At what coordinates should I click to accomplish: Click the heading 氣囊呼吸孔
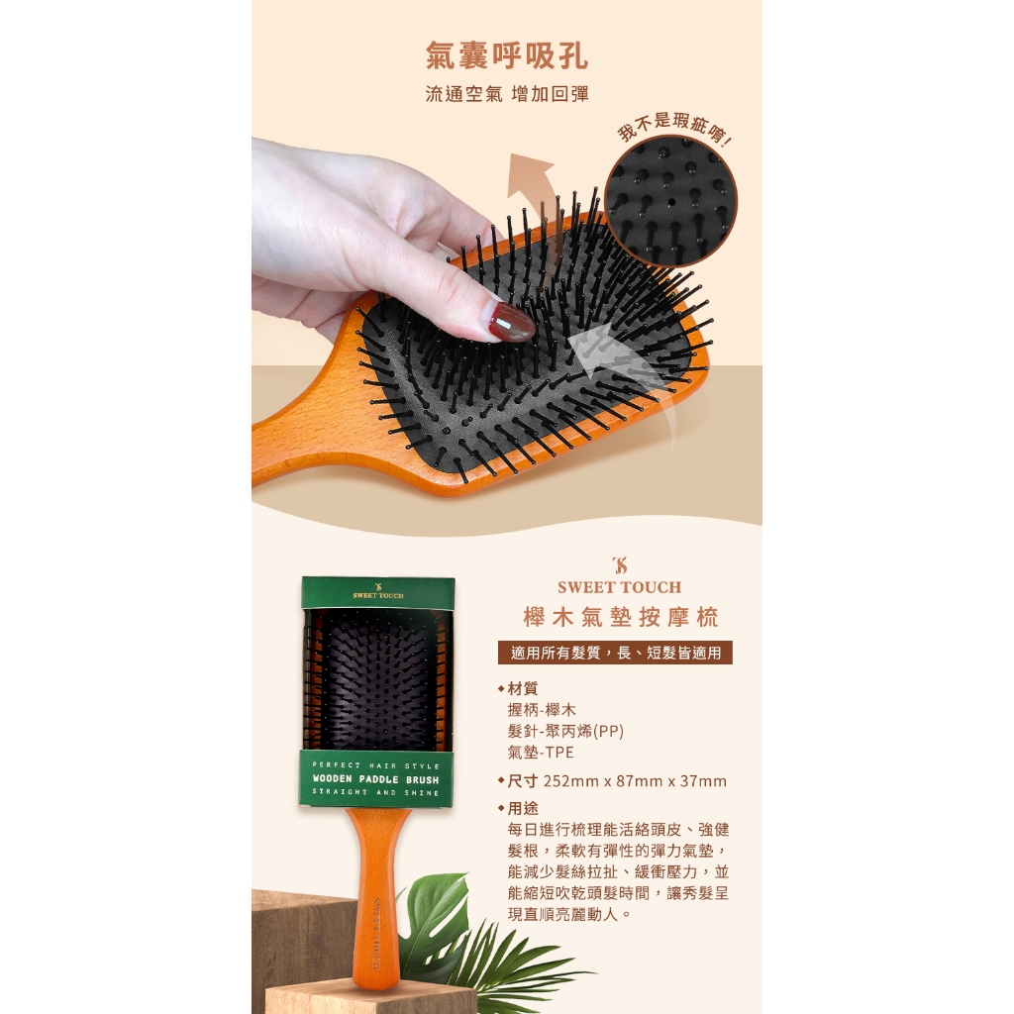[x=507, y=55]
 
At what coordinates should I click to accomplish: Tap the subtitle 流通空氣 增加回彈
[x=507, y=94]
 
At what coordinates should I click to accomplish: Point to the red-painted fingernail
[x=512, y=322]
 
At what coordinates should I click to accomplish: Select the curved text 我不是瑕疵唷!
[x=673, y=128]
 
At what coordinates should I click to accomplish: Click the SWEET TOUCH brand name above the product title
[x=620, y=587]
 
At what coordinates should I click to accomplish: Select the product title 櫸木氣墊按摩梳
[x=620, y=617]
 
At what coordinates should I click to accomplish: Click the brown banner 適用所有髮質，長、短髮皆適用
[x=615, y=653]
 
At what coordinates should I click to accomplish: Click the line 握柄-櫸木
[x=542, y=709]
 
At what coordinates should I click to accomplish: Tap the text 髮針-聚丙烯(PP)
[x=565, y=731]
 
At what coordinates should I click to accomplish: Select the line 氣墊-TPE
[x=541, y=753]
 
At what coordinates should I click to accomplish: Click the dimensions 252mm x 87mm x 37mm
[x=635, y=781]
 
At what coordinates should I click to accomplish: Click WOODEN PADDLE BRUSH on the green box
[x=375, y=779]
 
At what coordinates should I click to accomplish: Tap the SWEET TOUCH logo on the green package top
[x=377, y=591]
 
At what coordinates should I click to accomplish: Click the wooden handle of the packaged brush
[x=377, y=899]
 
